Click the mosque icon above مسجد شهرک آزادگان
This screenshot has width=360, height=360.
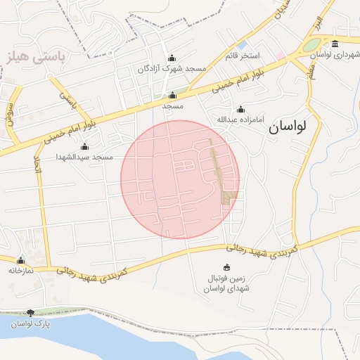[172, 58]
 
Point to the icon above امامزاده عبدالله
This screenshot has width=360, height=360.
[240, 110]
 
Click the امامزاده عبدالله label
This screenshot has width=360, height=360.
[240, 120]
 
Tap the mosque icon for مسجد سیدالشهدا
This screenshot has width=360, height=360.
[85, 147]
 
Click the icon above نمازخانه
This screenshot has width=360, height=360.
[21, 260]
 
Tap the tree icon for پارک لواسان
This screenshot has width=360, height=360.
[30, 313]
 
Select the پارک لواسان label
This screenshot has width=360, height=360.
[30, 323]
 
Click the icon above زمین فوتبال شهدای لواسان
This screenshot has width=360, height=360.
[226, 267]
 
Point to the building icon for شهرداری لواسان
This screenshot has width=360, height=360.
[335, 44]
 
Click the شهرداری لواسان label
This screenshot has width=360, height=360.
[335, 53]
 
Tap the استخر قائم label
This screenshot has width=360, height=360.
[243, 55]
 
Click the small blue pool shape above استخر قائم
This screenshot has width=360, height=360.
[242, 45]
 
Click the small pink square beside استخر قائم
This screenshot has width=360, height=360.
[280, 55]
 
